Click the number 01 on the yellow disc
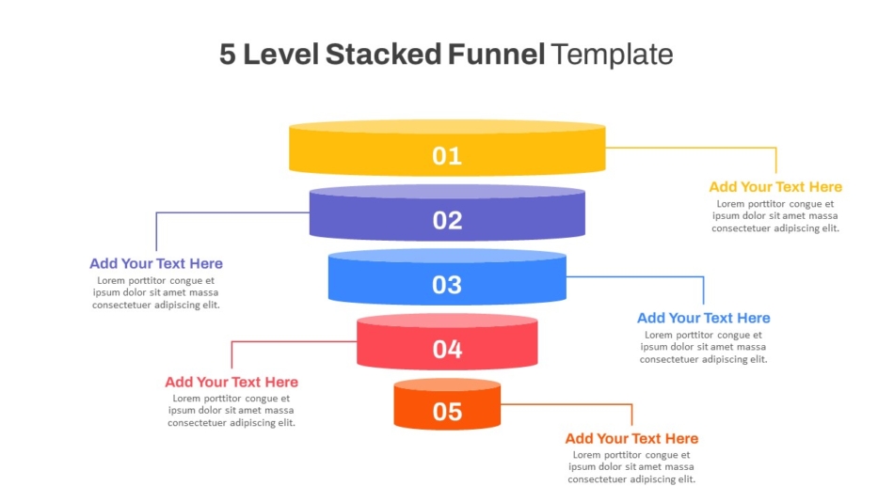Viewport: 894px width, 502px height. (x=446, y=155)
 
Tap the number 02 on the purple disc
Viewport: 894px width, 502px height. (x=447, y=221)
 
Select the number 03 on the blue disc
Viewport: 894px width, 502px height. (x=446, y=285)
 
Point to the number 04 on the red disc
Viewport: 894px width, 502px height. (x=447, y=350)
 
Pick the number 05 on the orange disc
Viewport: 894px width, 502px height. (x=447, y=412)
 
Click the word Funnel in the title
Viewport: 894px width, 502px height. (x=496, y=55)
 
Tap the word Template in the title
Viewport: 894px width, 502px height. (x=612, y=55)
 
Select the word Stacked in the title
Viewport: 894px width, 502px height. (x=383, y=55)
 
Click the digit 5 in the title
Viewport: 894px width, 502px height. (x=228, y=55)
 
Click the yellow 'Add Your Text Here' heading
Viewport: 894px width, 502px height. (x=775, y=187)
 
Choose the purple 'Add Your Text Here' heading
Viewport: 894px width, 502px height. (x=155, y=263)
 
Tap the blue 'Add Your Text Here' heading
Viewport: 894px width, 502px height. (x=704, y=318)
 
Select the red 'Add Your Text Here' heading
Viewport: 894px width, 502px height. (x=231, y=382)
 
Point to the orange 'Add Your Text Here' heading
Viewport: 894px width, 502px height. (x=631, y=438)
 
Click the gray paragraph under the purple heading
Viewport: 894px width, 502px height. (x=155, y=292)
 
